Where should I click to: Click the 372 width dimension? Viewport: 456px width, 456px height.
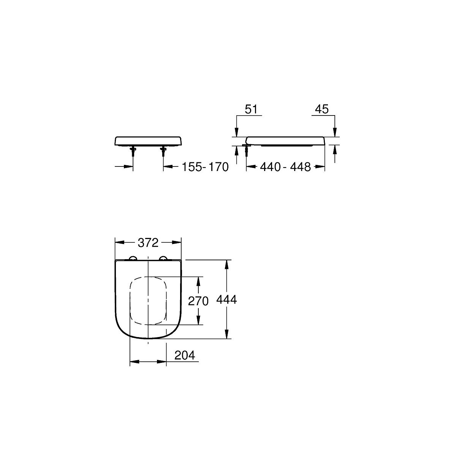click(x=148, y=242)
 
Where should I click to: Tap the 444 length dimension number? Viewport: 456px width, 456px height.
click(x=226, y=300)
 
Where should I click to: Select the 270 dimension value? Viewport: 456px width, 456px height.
click(x=198, y=301)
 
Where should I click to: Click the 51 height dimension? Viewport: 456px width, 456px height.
click(x=251, y=109)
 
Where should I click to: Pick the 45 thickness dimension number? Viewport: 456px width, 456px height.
click(x=322, y=109)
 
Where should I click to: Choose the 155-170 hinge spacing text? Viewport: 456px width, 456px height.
click(x=205, y=167)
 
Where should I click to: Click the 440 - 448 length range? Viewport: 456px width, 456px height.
click(x=285, y=167)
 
